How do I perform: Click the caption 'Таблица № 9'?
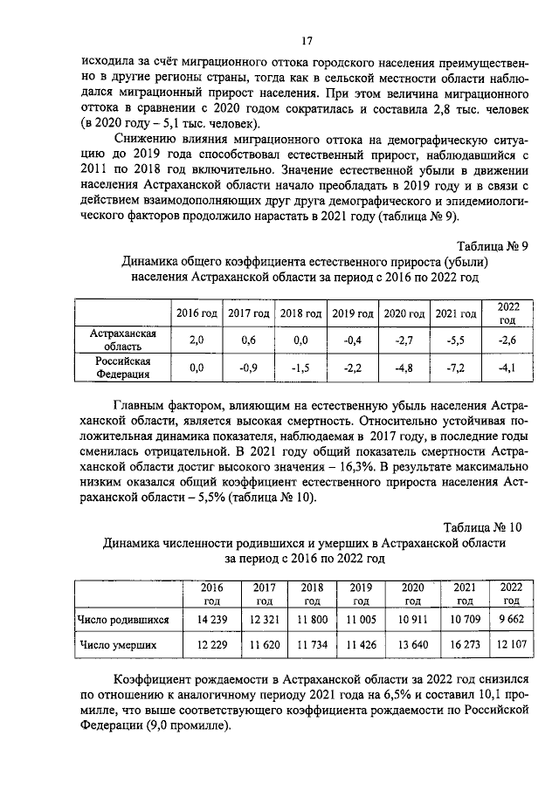pyautogui.click(x=493, y=245)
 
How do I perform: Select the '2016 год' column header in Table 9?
pyautogui.click(x=197, y=313)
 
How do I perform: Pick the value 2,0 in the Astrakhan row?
pyautogui.click(x=197, y=340)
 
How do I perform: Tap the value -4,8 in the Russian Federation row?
pyautogui.click(x=403, y=368)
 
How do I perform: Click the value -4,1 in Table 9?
pyautogui.click(x=507, y=368)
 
